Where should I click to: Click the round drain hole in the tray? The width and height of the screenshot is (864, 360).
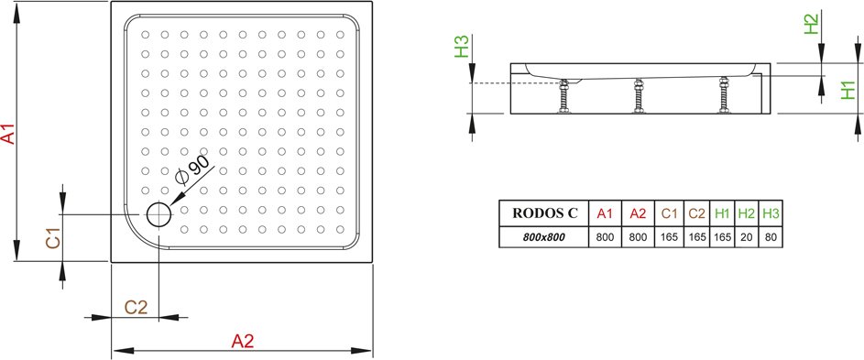coord(159,214)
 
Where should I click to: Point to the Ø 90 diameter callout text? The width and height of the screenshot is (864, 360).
coord(192,169)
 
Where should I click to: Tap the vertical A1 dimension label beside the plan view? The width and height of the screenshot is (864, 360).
coord(9,134)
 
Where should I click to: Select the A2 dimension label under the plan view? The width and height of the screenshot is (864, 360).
coord(242,342)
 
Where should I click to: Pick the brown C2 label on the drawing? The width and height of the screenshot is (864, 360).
coord(137,307)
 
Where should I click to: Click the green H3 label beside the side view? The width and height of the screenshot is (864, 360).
coord(461,46)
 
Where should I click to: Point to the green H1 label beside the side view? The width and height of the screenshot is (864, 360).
coord(848,90)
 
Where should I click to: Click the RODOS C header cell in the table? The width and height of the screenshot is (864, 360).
coord(545,213)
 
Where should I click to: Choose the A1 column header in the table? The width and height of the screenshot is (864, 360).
coord(605,213)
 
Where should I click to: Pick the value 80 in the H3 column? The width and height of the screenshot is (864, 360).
coord(771,237)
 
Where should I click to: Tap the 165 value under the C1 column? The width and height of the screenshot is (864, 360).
coord(669,237)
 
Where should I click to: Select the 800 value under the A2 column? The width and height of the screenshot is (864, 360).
coord(638,237)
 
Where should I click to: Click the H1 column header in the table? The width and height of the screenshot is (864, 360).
coord(722,213)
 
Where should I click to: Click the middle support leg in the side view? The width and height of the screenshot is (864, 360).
coord(639,96)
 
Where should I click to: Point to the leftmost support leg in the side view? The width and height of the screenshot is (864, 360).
coord(563,96)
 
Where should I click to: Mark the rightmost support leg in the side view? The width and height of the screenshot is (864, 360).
coord(724,95)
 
